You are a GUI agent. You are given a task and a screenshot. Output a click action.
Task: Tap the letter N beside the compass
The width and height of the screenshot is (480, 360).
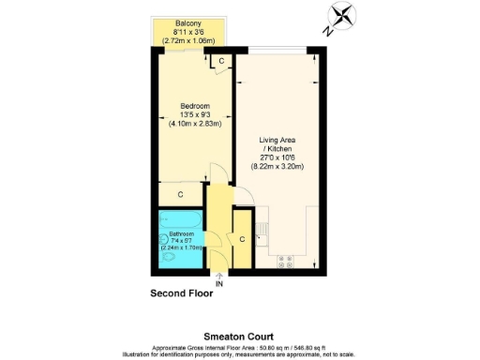(x=328, y=30)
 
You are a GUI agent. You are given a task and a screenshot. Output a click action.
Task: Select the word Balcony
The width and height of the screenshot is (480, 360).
(x=189, y=24)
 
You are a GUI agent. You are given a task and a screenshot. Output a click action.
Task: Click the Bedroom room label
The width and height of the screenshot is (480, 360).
(x=193, y=105)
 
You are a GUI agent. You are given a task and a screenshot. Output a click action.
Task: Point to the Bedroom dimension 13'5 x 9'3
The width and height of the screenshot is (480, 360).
(x=193, y=114)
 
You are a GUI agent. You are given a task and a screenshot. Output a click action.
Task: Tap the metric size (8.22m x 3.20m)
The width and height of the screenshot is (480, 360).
(x=278, y=166)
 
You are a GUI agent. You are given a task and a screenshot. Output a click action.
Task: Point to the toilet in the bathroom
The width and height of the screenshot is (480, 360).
(x=168, y=255)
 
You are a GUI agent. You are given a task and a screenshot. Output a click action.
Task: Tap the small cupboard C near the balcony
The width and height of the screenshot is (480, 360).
(x=221, y=62)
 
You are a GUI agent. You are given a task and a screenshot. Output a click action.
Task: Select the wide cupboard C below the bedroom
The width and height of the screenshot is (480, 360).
(x=180, y=194)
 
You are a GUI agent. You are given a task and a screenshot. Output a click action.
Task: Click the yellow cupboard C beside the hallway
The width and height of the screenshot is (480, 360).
(x=241, y=239)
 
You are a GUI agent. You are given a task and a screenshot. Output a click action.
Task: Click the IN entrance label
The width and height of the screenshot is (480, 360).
(x=219, y=283)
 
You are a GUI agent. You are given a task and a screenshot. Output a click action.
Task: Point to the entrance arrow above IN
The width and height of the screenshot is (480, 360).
(x=219, y=275)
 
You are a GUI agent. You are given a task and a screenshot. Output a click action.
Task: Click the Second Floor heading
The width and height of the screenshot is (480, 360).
(x=182, y=293)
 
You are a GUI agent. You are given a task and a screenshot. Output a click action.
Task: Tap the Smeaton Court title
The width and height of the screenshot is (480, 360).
(x=239, y=334)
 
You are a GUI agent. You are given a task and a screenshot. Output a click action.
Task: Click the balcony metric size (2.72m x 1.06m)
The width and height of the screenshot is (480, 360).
(x=189, y=41)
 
